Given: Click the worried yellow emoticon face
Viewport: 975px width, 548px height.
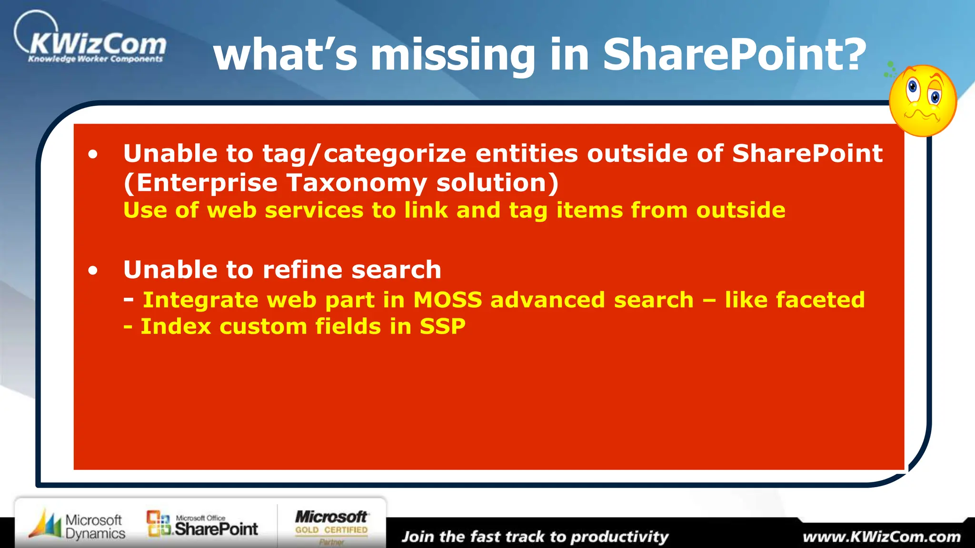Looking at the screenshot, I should [x=923, y=101].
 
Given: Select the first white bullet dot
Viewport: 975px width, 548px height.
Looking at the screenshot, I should [x=93, y=154].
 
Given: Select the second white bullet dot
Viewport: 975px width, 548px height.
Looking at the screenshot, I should [x=93, y=271].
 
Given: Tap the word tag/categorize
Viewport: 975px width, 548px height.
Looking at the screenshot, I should [x=364, y=154].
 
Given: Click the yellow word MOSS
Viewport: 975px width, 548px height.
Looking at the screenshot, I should [x=448, y=300].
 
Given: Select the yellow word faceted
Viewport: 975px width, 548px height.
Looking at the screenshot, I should [x=818, y=300].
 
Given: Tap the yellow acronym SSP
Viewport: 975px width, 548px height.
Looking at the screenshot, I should [x=442, y=327].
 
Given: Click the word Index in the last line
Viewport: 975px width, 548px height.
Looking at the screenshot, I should [x=176, y=327].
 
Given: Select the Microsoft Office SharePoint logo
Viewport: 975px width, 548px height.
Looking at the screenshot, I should [x=202, y=525].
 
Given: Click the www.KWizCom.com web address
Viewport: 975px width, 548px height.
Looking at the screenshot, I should [x=881, y=537].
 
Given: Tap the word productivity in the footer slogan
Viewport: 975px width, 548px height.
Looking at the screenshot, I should [x=619, y=537].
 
